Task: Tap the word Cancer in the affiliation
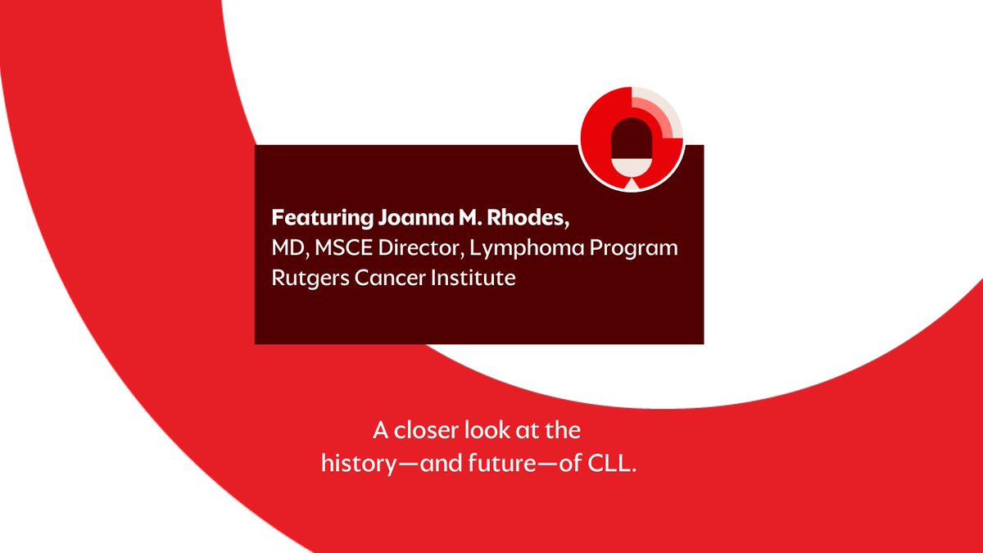378,278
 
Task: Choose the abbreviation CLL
614,462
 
